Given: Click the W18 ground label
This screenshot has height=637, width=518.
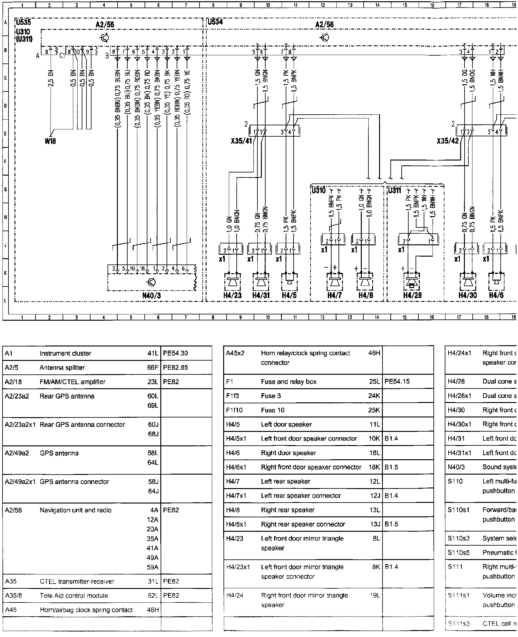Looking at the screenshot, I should click(x=50, y=141).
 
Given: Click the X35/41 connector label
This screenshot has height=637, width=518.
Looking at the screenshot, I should click(x=241, y=141).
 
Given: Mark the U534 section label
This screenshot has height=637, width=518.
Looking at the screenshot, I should click(x=215, y=22).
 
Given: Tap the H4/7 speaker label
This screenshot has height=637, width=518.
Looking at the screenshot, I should click(x=334, y=295).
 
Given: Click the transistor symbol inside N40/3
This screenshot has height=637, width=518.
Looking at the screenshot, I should click(x=151, y=282).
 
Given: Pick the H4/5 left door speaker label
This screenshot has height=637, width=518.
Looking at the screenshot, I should click(x=289, y=295).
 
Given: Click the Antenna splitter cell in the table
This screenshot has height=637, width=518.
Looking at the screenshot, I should click(x=62, y=367).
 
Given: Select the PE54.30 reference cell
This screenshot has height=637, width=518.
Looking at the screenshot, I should click(x=175, y=353).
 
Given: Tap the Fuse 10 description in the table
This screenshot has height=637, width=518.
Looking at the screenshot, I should click(x=273, y=410).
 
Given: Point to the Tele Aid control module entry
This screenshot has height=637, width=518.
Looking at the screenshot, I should click(x=74, y=596).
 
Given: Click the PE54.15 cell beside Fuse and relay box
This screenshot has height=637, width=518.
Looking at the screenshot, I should click(x=397, y=382).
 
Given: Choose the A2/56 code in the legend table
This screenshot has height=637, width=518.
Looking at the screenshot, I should click(x=14, y=510).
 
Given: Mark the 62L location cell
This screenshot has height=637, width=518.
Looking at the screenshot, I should click(x=153, y=596).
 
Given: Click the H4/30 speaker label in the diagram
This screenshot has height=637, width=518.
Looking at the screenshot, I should click(x=467, y=295).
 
